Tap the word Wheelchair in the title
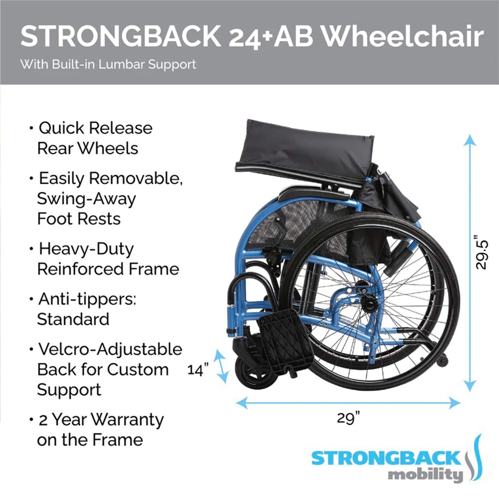click(402, 37)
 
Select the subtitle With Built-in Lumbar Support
click(108, 65)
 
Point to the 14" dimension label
click(198, 370)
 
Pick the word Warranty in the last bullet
click(127, 420)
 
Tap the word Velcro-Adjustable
click(110, 349)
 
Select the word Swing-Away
click(86, 199)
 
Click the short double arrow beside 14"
click(222, 366)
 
